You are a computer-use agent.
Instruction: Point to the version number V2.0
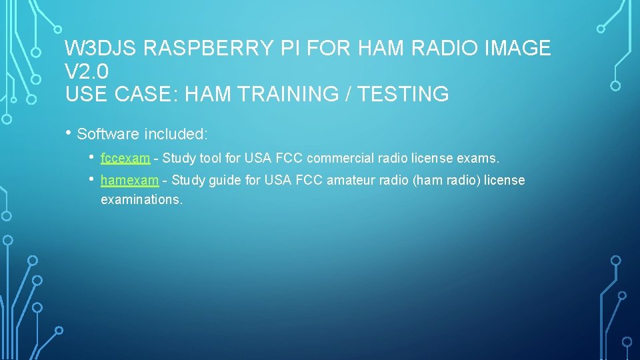click(x=87, y=71)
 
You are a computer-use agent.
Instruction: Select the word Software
click(x=108, y=134)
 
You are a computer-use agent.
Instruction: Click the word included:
click(x=175, y=134)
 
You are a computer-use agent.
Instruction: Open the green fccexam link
click(x=125, y=159)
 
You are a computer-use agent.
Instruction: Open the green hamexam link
click(x=129, y=180)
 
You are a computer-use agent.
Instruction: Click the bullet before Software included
click(x=69, y=133)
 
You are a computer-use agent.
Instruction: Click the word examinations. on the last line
click(x=141, y=199)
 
